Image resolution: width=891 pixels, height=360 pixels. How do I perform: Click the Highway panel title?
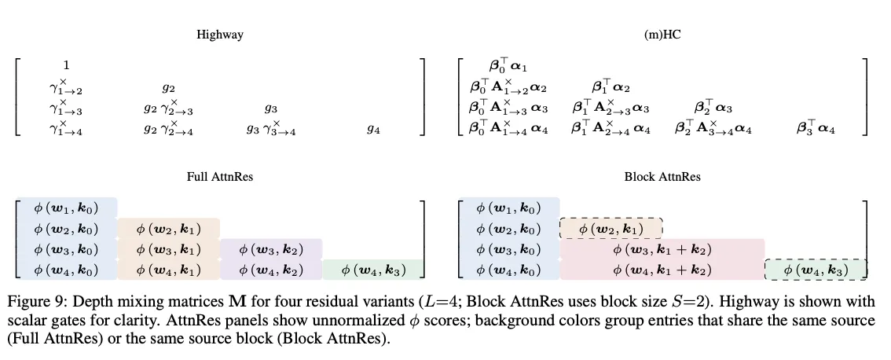tap(220, 35)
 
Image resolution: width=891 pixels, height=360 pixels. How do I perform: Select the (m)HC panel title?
tap(662, 35)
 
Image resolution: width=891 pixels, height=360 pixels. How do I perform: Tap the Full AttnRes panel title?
tap(220, 177)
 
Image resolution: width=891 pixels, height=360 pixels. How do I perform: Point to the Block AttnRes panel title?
tap(662, 177)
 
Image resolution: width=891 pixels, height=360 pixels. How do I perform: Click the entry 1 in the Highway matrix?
tap(67, 65)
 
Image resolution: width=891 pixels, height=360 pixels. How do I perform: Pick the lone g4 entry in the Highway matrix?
tap(372, 129)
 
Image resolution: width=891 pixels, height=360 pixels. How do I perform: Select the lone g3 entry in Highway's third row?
tap(270, 108)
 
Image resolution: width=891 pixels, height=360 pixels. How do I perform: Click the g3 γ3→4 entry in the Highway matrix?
tap(270, 129)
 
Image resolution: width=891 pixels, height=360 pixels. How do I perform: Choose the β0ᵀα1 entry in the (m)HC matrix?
tap(508, 66)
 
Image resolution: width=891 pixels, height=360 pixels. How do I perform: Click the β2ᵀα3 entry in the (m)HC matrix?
tap(713, 107)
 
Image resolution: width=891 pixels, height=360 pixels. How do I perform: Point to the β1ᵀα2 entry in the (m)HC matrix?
tap(610, 86)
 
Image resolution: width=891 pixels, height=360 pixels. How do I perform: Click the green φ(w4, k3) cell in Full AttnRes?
tap(373, 270)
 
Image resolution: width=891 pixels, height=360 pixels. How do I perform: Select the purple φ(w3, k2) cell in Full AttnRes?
tap(271, 249)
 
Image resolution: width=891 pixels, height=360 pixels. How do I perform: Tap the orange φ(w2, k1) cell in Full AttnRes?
tap(169, 229)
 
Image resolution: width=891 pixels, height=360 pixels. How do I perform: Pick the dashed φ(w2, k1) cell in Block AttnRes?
tap(610, 229)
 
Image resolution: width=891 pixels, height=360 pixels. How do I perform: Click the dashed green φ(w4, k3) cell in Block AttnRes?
tap(816, 270)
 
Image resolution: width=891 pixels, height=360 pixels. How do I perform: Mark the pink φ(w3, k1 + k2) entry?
tap(662, 249)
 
